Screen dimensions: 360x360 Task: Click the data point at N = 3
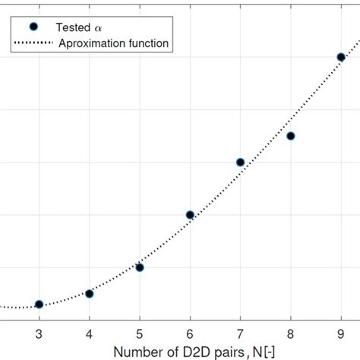coord(39,305)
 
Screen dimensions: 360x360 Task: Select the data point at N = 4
coord(90,293)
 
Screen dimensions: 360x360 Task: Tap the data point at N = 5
coord(140,267)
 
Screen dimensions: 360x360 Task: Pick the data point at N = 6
coord(190,215)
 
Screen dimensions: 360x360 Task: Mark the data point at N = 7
coord(241,162)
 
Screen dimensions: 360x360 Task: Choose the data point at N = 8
coord(291,136)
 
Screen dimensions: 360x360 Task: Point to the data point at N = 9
coord(341,57)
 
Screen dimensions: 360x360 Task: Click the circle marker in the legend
coord(33,27)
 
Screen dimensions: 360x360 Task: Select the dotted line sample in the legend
coord(33,43)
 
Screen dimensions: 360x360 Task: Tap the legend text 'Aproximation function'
coord(114,43)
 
